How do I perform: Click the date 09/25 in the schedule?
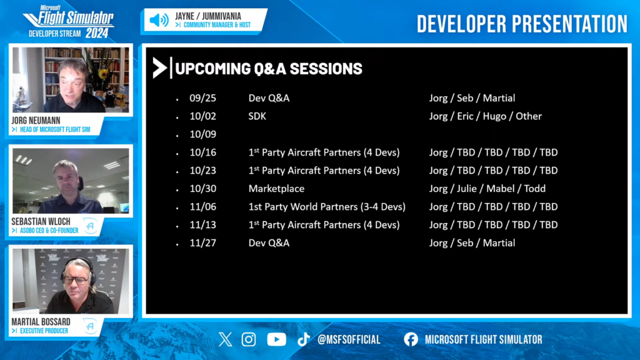pos(203,98)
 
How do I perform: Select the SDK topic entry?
pos(257,116)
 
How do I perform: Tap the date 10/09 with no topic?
pos(203,134)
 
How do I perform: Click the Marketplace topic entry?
pos(276,189)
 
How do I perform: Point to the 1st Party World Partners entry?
pos(327,207)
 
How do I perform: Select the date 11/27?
pos(203,243)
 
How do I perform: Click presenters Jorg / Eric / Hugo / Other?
pos(485,116)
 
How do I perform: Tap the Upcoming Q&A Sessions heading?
pos(269,69)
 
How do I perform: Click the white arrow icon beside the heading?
pos(159,67)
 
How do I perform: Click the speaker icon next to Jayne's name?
pos(159,20)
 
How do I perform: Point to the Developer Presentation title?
pos(522,24)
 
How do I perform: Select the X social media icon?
pos(225,339)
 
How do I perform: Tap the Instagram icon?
pos(249,339)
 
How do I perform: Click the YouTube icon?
pos(276,339)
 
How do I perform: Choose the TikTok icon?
pos(303,339)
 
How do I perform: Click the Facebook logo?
pos(411,339)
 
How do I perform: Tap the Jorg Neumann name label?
pos(36,121)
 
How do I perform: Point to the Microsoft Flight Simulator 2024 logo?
pos(69,22)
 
